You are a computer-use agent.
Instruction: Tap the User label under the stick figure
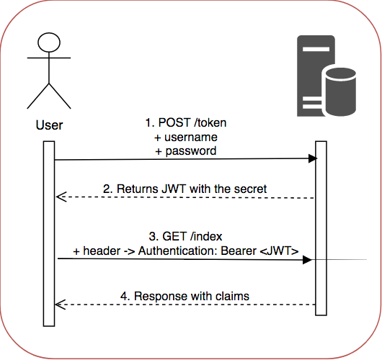coord(49,125)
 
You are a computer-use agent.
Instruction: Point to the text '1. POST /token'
coord(185,123)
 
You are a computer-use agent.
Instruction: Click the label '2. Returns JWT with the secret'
coord(185,189)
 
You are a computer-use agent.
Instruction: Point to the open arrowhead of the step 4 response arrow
coord(61,305)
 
